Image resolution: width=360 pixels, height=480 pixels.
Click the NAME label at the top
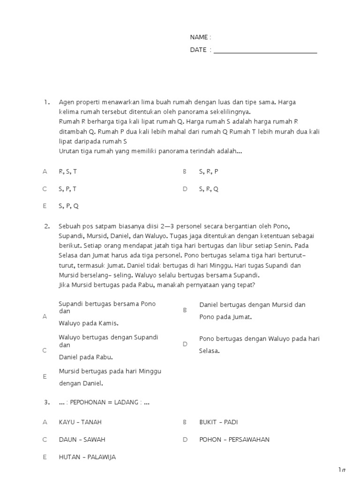tap(200, 37)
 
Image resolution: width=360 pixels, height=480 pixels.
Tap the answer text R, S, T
tap(67, 172)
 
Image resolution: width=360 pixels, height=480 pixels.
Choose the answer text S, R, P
tap(209, 172)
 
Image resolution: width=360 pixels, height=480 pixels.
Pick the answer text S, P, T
tap(67, 189)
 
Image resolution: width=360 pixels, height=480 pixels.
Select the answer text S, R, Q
tap(209, 189)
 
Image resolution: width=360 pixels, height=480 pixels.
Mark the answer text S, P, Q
tap(68, 206)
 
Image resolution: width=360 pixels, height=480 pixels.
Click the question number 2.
tap(47, 226)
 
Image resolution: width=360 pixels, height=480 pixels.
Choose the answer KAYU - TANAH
tap(80, 422)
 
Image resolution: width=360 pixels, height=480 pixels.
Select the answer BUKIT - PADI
tap(218, 422)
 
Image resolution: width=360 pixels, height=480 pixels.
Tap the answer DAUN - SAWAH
tap(82, 440)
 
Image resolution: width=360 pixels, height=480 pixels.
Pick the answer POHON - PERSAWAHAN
tap(234, 440)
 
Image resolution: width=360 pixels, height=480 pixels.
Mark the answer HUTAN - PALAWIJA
tap(87, 457)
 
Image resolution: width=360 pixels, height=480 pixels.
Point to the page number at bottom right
tap(342, 470)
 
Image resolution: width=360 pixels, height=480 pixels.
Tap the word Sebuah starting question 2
tap(69, 226)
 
